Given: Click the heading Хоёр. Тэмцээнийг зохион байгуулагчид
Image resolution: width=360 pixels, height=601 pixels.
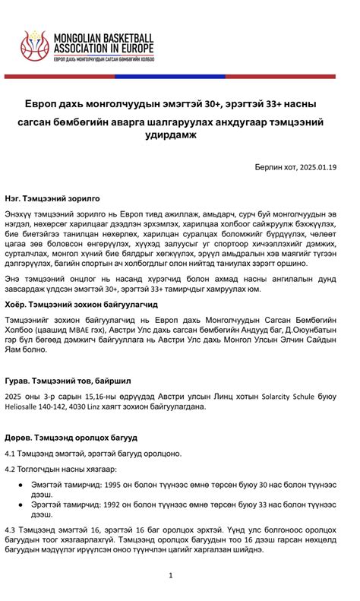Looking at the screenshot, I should click(x=78, y=304).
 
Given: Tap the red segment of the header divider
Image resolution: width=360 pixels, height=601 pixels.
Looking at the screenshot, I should click(x=61, y=76).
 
